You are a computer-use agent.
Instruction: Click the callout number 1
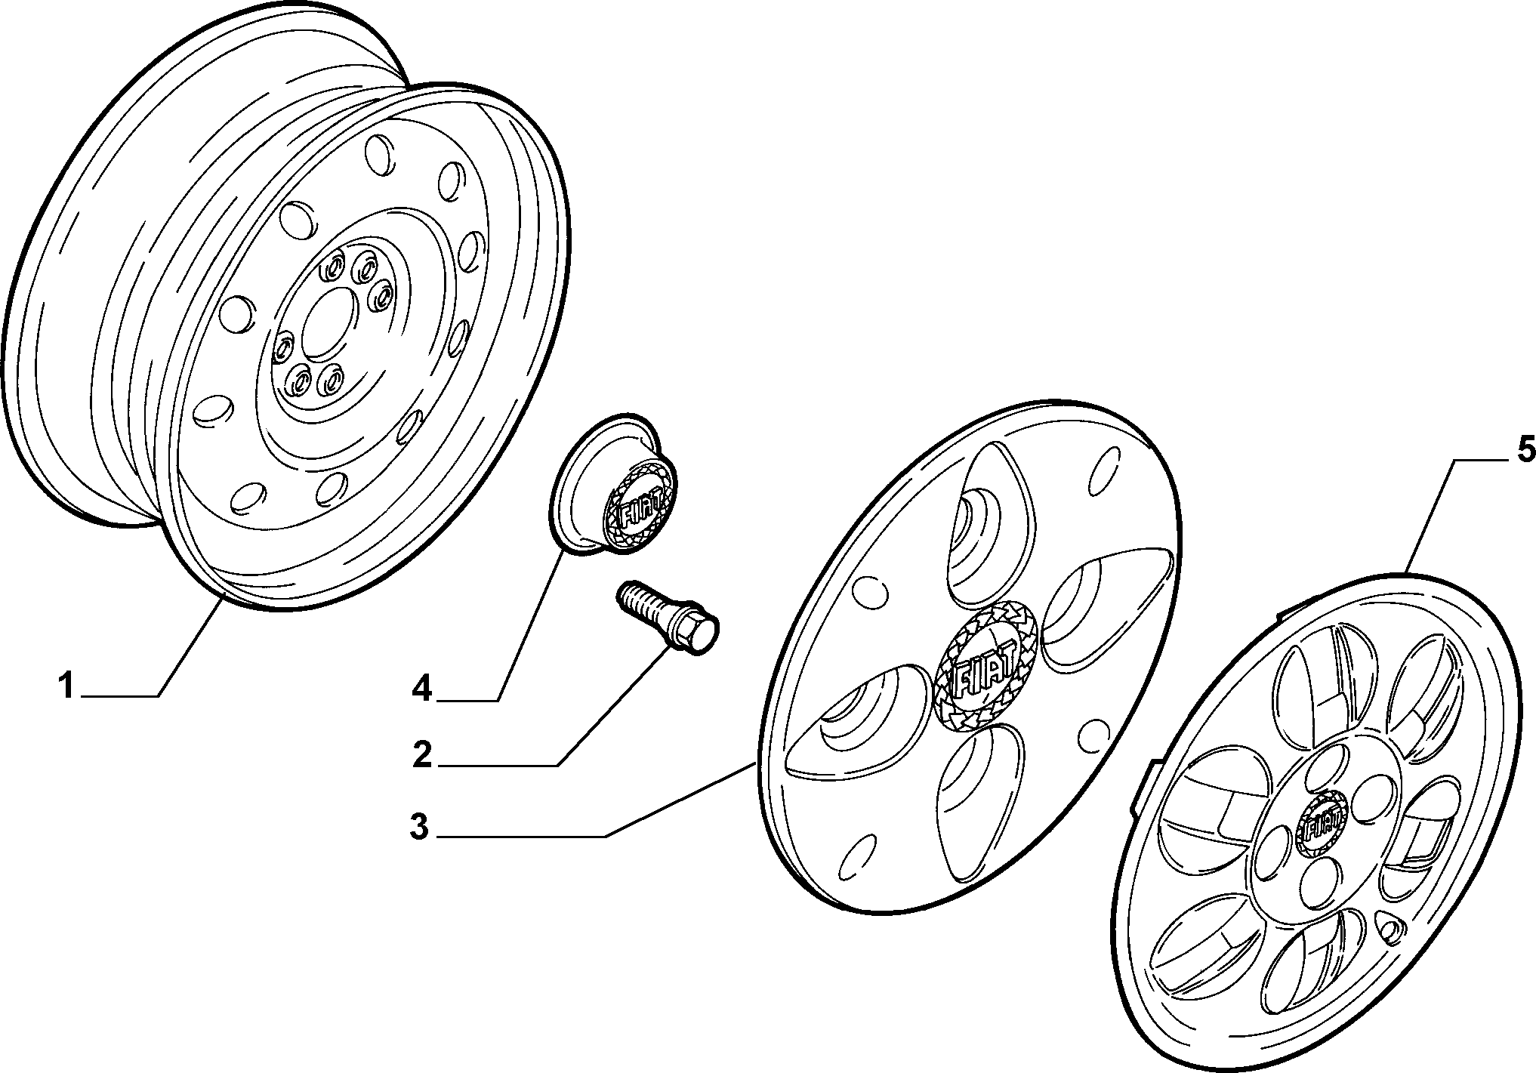click(x=66, y=686)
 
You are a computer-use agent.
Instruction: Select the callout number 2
click(x=422, y=755)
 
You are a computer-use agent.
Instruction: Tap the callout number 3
click(x=419, y=828)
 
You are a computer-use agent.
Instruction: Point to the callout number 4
click(x=422, y=688)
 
